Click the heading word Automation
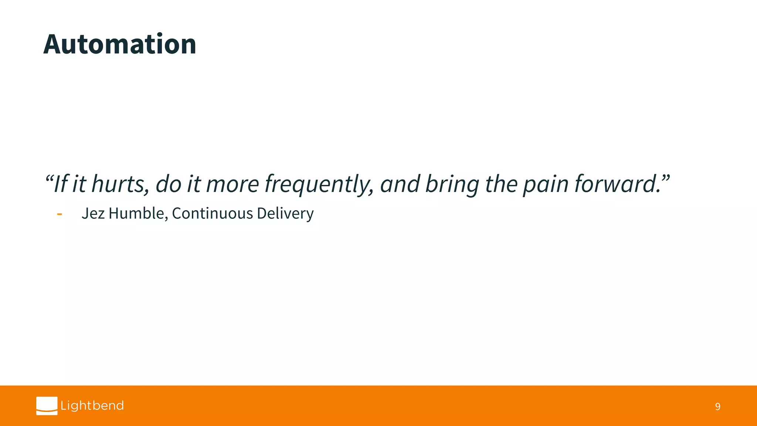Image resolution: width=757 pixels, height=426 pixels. (120, 44)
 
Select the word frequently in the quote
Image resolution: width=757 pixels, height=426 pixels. (319, 184)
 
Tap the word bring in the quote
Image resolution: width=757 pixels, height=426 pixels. (452, 184)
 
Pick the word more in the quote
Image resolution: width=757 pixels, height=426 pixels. (232, 184)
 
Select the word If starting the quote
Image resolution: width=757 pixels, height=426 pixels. (60, 184)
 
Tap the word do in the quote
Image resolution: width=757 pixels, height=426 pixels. (168, 184)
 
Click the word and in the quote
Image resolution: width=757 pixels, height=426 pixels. (400, 184)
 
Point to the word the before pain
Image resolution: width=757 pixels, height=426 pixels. (500, 184)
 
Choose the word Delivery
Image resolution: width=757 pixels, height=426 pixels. (285, 213)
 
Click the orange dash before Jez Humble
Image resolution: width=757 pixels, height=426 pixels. (60, 214)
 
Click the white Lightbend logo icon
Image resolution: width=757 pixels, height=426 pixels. (47, 406)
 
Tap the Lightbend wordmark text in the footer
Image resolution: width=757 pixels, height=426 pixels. (92, 406)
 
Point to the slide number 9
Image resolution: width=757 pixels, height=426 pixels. (717, 407)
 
